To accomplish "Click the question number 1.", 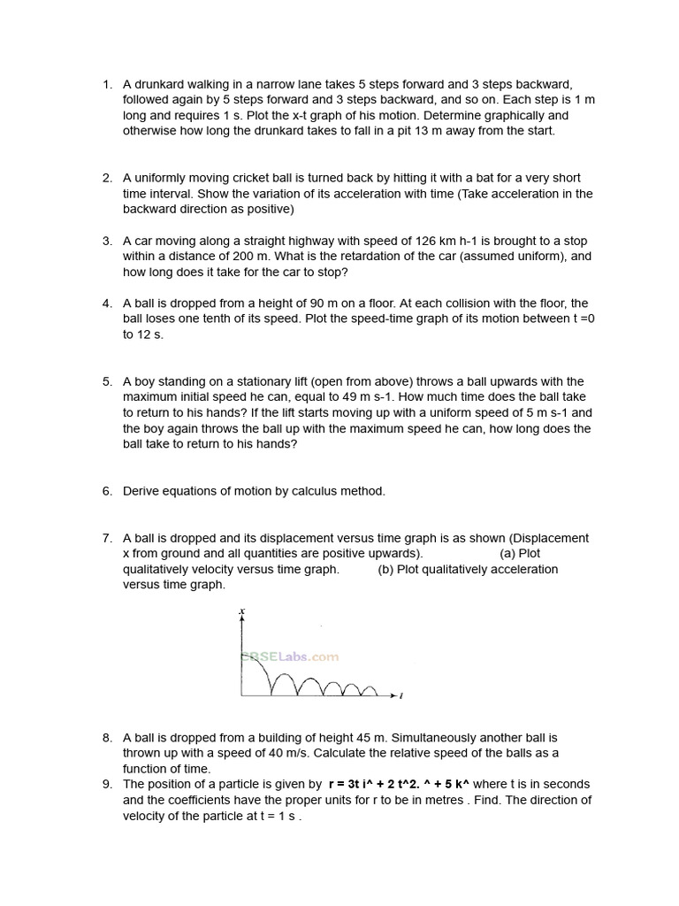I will tap(106, 85).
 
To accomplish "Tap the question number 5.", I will tap(106, 382).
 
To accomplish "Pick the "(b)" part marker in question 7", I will tap(385, 569).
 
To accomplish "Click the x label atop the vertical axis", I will tap(241, 611).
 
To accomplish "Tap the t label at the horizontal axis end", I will tap(402, 696).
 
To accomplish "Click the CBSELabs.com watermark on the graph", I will tap(289, 656).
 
